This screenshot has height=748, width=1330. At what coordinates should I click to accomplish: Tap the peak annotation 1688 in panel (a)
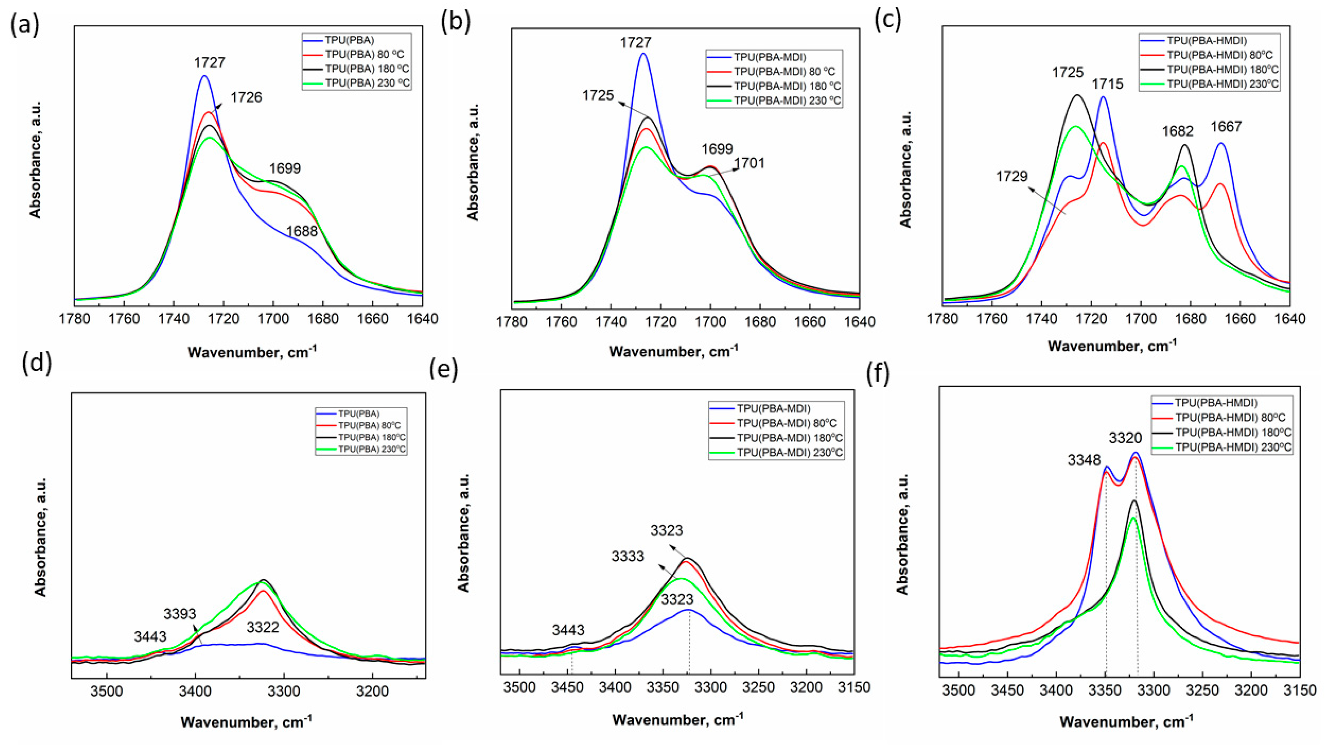tap(302, 231)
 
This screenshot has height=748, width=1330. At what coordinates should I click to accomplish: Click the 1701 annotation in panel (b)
tap(749, 164)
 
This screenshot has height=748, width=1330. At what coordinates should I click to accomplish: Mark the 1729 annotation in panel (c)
tap(1012, 176)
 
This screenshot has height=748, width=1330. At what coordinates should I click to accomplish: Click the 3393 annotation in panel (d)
tap(180, 614)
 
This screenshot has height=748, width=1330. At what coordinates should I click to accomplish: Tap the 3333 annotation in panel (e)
tap(628, 556)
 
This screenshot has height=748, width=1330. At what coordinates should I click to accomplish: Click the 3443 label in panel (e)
tap(568, 630)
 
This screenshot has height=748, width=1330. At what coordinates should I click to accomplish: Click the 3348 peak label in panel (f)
tap(1085, 460)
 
